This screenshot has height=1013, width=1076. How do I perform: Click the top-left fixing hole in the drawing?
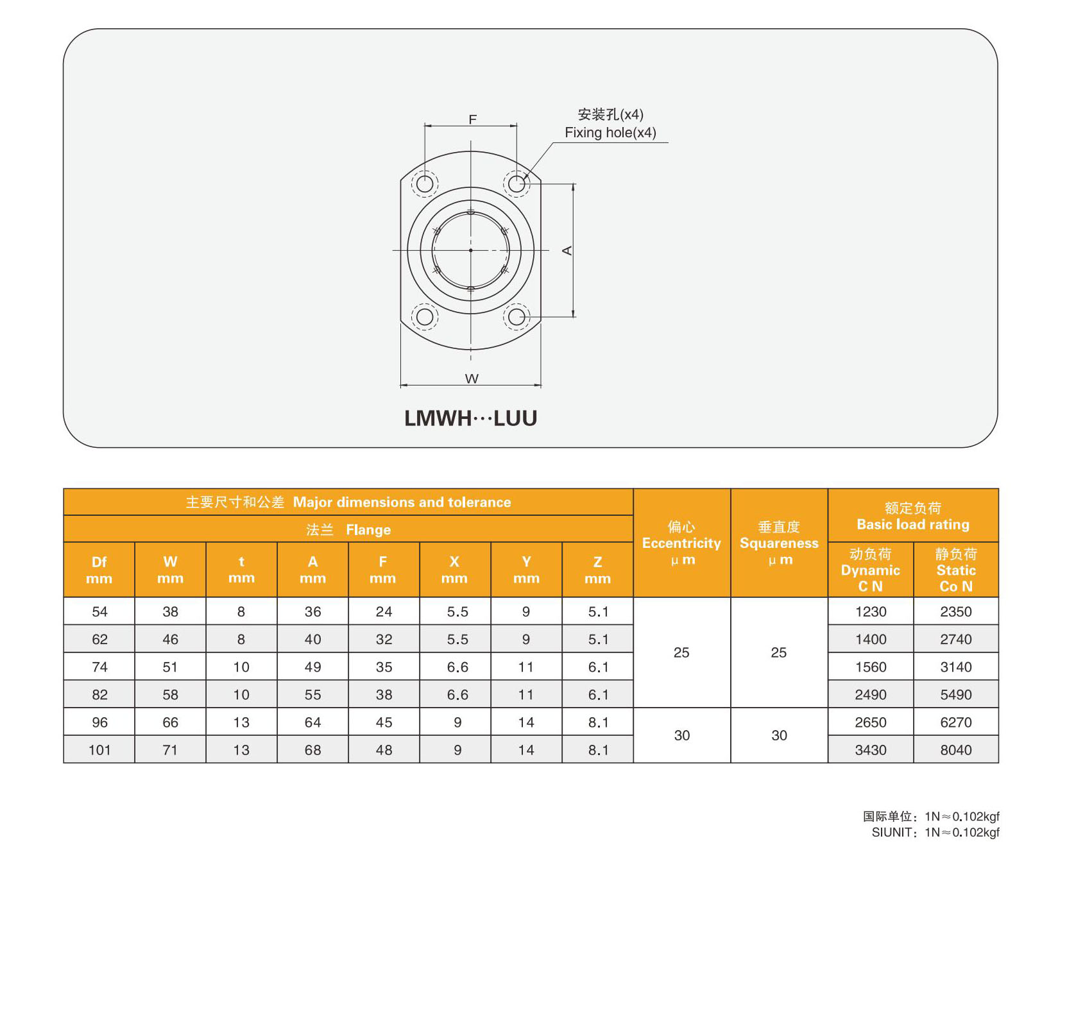point(425,184)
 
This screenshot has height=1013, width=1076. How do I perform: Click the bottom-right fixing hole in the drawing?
point(517,316)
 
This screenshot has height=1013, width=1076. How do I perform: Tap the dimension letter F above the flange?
point(473,119)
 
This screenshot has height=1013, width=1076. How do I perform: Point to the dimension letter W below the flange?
point(472,379)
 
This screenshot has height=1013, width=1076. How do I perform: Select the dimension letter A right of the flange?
point(567,250)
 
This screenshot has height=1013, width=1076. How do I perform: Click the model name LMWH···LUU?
point(470,418)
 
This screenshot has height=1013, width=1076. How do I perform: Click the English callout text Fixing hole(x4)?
point(610,133)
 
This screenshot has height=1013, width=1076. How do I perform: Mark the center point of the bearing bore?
point(471,250)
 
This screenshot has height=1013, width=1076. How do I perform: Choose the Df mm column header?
point(99,570)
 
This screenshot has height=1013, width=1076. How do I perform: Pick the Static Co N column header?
point(956,570)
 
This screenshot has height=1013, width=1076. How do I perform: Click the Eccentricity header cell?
point(681,543)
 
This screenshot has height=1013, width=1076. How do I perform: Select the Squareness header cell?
point(779,543)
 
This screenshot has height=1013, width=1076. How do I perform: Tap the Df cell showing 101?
point(99,750)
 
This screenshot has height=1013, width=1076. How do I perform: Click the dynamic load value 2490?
point(871,695)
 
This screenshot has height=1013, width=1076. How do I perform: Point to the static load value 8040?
point(956,750)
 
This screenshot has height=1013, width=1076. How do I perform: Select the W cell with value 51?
point(170,667)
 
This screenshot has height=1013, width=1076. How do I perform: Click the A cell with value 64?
point(312,722)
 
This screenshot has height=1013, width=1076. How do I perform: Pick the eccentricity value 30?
point(681,736)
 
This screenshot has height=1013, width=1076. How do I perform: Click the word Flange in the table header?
point(368,530)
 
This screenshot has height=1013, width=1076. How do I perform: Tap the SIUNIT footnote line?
point(935,833)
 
